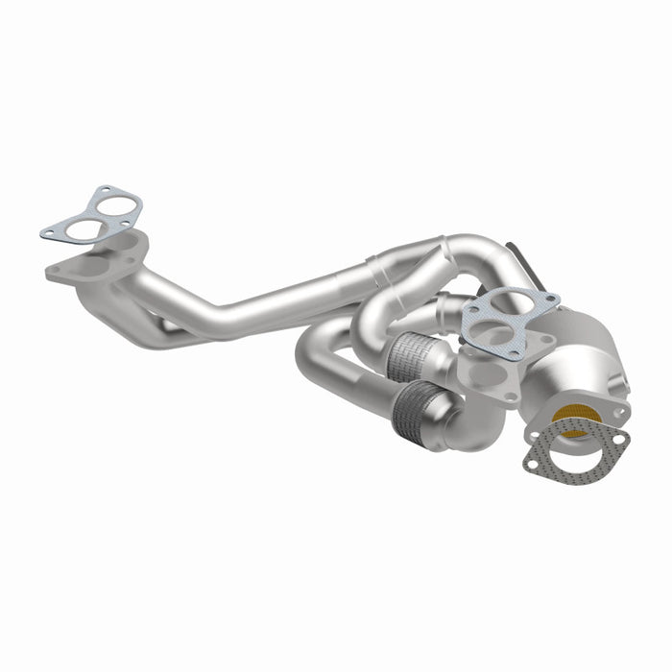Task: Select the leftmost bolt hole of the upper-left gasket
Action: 47,233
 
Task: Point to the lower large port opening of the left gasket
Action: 84,228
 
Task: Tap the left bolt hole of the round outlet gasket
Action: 531,463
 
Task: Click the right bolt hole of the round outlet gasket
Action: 620,440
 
